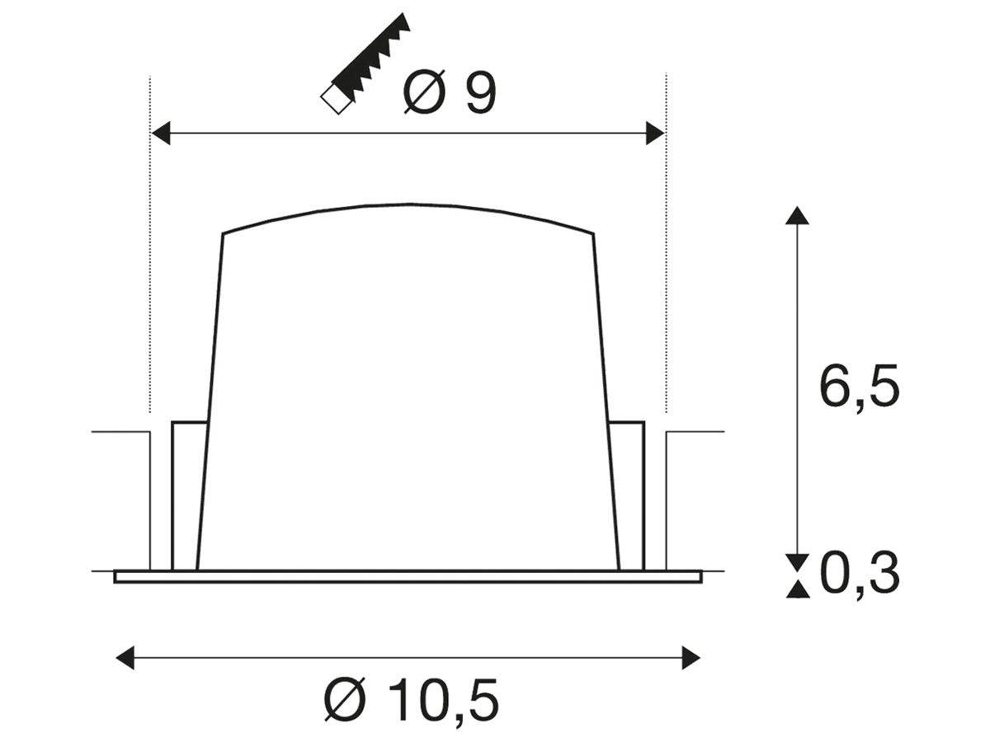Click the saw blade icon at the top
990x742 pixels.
pyautogui.click(x=365, y=63)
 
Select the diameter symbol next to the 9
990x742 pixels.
pyautogui.click(x=424, y=93)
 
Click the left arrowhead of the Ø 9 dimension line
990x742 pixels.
pyautogui.click(x=161, y=134)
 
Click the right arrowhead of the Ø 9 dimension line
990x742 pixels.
pyautogui.click(x=655, y=134)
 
